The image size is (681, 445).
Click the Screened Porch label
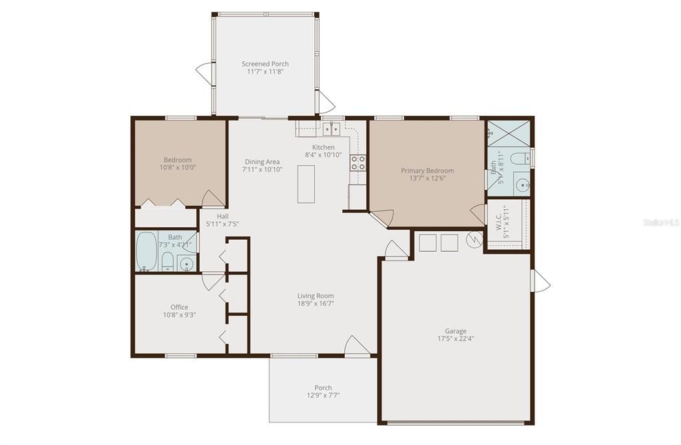pos(265,64)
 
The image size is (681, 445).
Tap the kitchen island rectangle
pos(306,183)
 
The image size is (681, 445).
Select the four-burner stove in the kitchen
pos(358,163)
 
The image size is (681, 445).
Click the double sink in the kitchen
pos(332,128)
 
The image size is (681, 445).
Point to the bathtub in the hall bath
pos(146,250)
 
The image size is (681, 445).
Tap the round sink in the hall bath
pos(187,264)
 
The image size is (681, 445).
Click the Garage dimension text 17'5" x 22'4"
pos(455,338)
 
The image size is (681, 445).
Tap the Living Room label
pos(316,296)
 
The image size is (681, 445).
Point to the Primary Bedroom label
pos(427,171)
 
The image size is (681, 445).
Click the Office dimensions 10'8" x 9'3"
pos(179,315)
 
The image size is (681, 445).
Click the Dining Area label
pos(262,161)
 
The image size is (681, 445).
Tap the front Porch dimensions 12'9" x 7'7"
pos(323,396)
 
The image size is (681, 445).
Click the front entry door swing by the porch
pos(357,346)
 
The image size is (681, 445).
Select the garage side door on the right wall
pos(541,280)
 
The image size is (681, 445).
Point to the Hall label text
pos(222,216)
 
